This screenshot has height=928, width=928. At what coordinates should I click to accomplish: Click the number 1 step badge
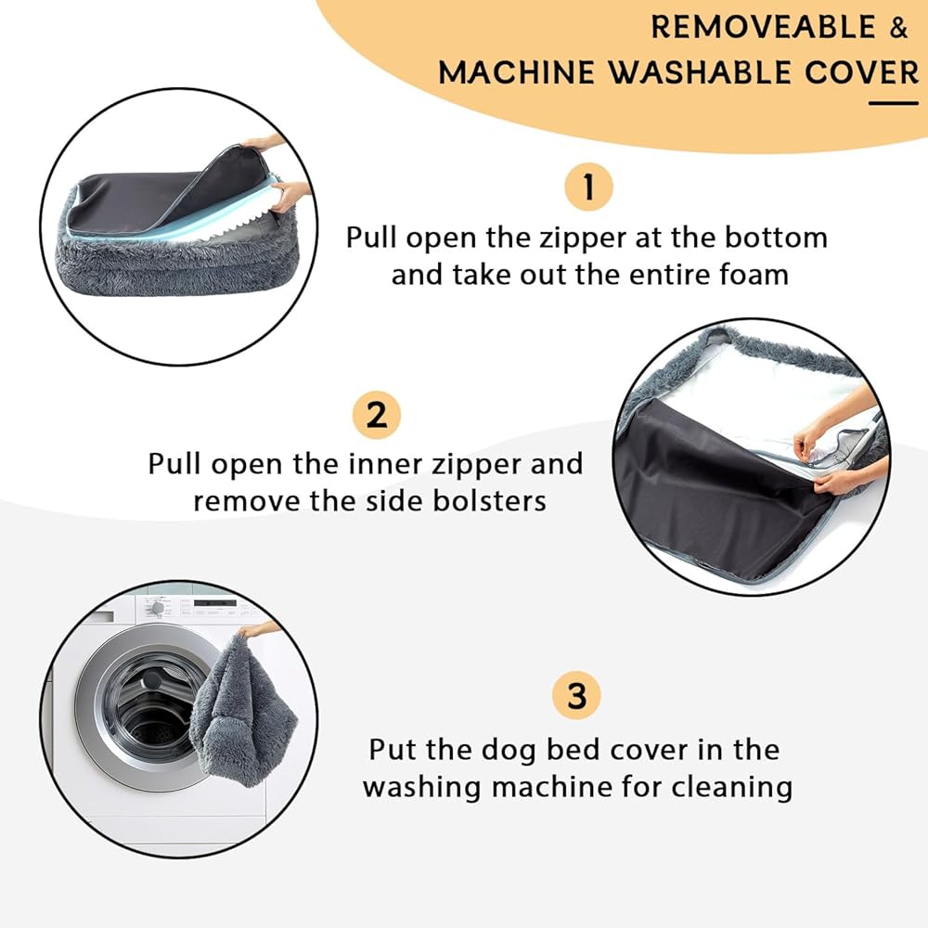[x=588, y=187]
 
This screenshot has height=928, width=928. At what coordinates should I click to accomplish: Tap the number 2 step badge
[x=377, y=414]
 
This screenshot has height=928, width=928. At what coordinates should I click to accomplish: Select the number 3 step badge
[x=576, y=695]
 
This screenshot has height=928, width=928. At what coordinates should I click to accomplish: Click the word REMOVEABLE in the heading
[x=763, y=27]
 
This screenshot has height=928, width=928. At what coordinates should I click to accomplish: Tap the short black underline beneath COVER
[x=894, y=103]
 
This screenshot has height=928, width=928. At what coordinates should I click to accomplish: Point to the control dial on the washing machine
[x=157, y=608]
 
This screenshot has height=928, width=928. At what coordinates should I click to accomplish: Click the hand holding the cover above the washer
[x=259, y=628]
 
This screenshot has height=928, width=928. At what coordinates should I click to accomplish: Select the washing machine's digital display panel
[x=215, y=604]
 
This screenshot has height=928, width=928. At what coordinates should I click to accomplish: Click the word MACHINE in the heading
[x=516, y=72]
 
